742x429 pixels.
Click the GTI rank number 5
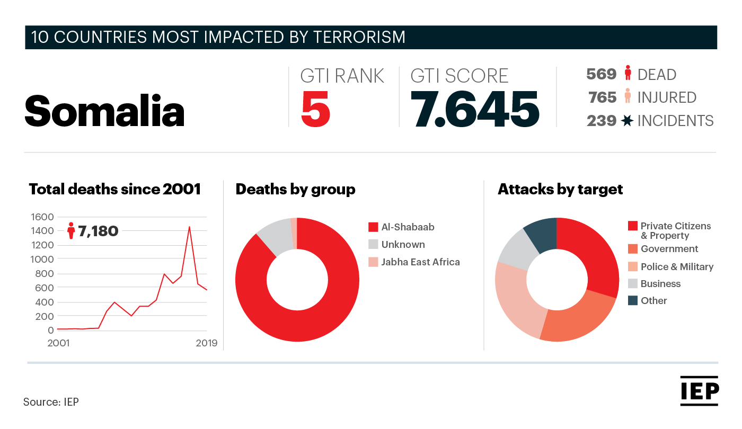(x=315, y=109)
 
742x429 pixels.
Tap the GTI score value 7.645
(x=475, y=109)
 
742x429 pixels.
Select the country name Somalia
(x=104, y=111)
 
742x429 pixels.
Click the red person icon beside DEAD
(x=628, y=73)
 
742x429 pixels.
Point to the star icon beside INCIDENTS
(x=626, y=121)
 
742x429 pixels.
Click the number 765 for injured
(x=602, y=97)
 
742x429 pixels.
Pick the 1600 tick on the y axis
(x=42, y=217)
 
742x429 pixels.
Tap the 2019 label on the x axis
(x=206, y=343)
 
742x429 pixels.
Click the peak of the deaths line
(x=189, y=227)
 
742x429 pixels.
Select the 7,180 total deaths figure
(x=98, y=231)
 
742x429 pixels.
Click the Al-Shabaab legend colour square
(x=373, y=227)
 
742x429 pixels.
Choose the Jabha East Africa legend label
(x=420, y=262)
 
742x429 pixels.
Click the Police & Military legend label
(x=677, y=267)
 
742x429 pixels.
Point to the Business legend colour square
(x=633, y=284)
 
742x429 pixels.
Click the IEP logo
(x=699, y=391)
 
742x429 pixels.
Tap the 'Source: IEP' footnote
(x=51, y=402)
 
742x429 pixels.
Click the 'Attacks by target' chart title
(x=560, y=190)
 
